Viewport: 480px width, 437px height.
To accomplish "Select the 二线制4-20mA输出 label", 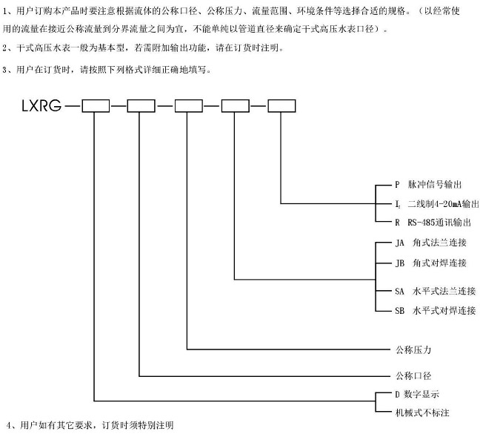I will coord(437,203).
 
